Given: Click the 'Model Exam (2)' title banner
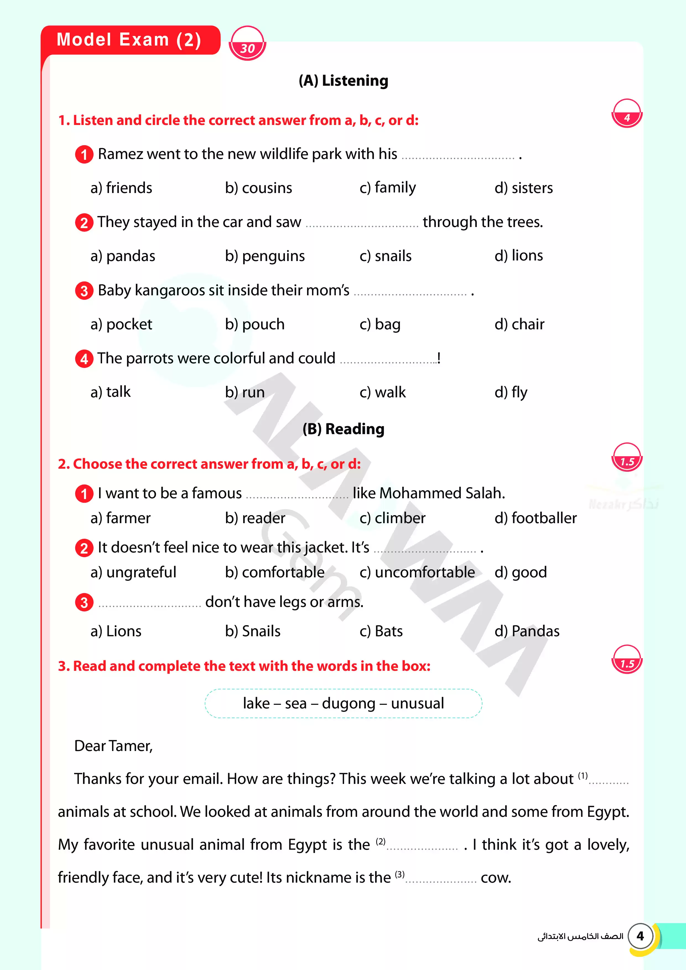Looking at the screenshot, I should (129, 40).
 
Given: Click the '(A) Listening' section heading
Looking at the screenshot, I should (343, 80).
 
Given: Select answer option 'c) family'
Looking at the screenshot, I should (388, 187).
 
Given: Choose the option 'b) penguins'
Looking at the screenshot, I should (265, 256).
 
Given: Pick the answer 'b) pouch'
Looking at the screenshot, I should (254, 324).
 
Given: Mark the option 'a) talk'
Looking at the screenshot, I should (110, 392).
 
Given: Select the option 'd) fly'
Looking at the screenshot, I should (511, 392).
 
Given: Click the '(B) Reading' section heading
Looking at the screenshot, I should (343, 429).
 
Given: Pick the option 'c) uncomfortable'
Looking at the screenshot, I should (417, 572).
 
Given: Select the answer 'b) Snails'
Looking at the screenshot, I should (253, 631).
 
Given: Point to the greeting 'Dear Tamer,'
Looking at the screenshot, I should (113, 746).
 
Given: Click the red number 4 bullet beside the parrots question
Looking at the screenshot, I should (84, 359).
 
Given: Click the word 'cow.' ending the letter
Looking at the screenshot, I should (496, 878).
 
